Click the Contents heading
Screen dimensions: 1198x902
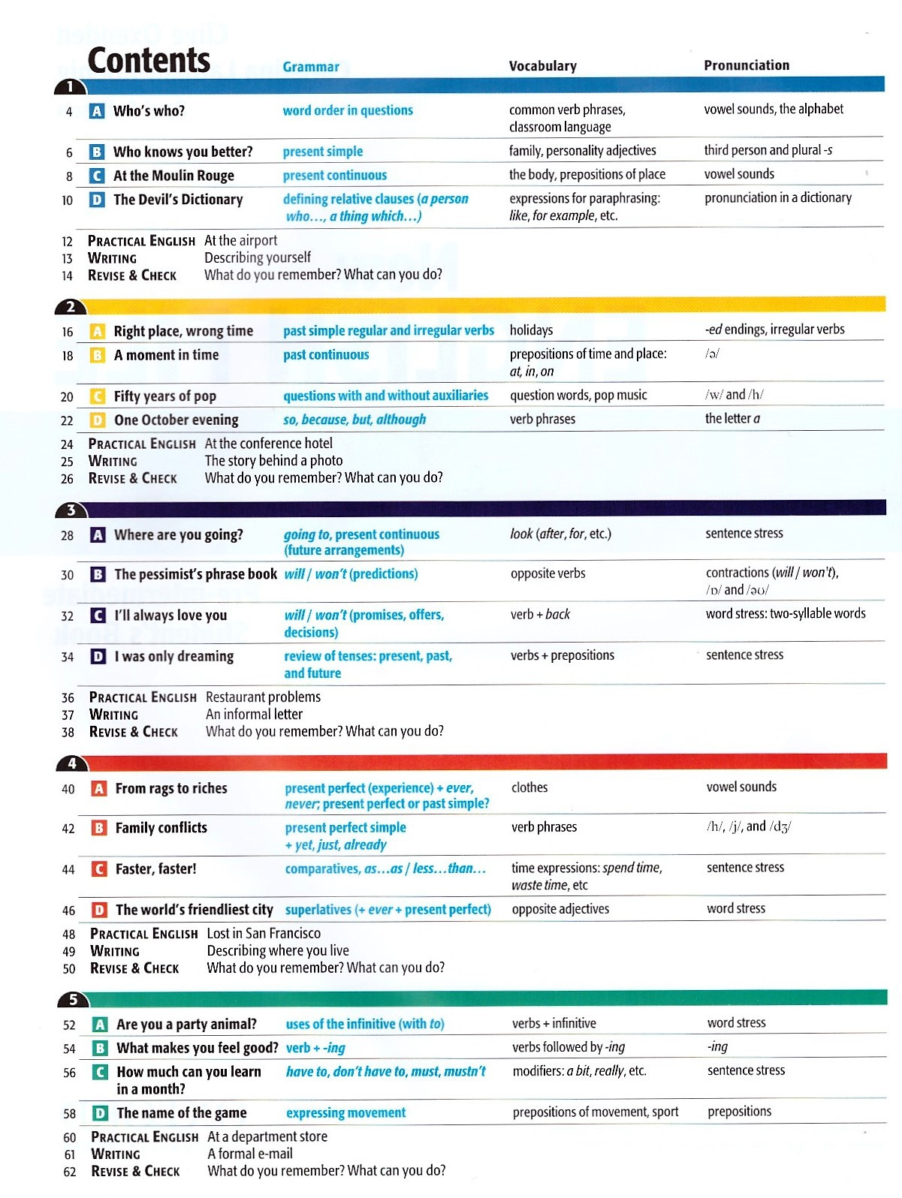point(149,61)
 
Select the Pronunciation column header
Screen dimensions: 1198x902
point(746,65)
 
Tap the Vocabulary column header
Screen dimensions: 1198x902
point(542,66)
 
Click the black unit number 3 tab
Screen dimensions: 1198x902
point(71,510)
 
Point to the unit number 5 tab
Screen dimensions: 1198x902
point(73,1000)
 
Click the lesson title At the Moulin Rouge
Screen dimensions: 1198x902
point(173,176)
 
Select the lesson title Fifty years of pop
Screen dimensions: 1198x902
point(164,396)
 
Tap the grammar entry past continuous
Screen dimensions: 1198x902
point(326,355)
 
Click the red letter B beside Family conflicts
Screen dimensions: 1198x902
point(98,828)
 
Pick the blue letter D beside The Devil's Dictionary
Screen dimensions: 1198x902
point(97,200)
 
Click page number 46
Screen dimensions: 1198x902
point(68,911)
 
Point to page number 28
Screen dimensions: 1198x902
point(68,536)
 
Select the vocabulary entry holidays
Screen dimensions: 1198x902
point(531,330)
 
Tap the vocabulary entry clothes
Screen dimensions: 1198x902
point(529,787)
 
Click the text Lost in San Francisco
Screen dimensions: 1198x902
point(264,933)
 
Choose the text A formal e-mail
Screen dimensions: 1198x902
point(250,1154)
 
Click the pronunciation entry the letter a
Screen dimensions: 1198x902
point(732,419)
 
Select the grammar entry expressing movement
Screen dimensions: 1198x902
point(345,1112)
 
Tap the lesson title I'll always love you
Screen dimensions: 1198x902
point(170,616)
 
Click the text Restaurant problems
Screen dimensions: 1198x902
point(263,697)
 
